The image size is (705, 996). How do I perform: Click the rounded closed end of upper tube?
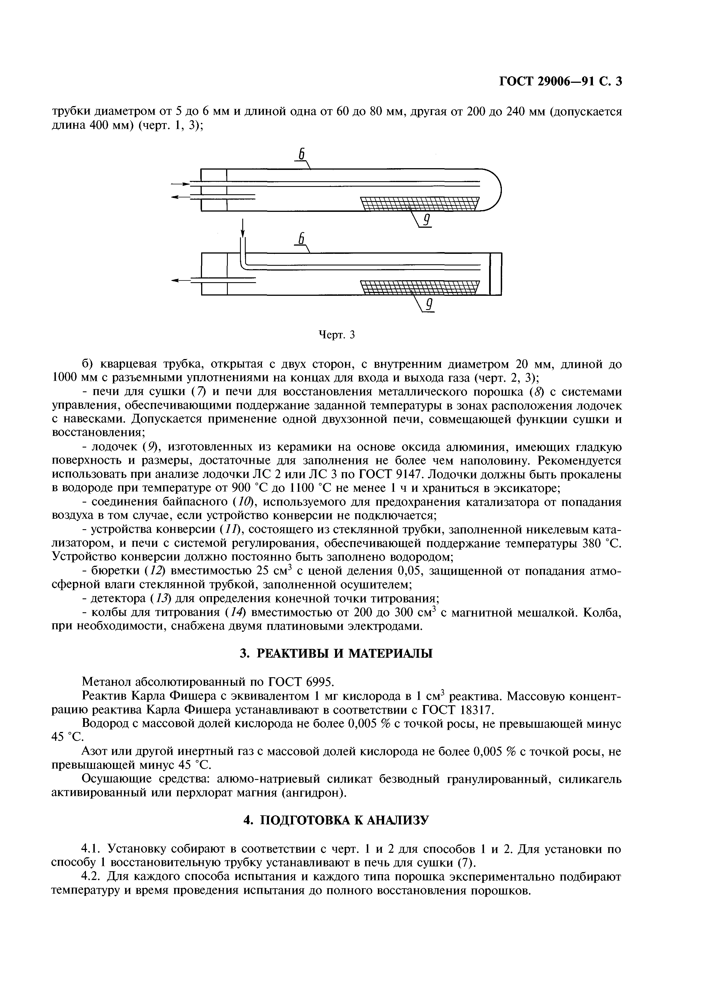(x=495, y=190)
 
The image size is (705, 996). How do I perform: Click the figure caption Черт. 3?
(x=337, y=335)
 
